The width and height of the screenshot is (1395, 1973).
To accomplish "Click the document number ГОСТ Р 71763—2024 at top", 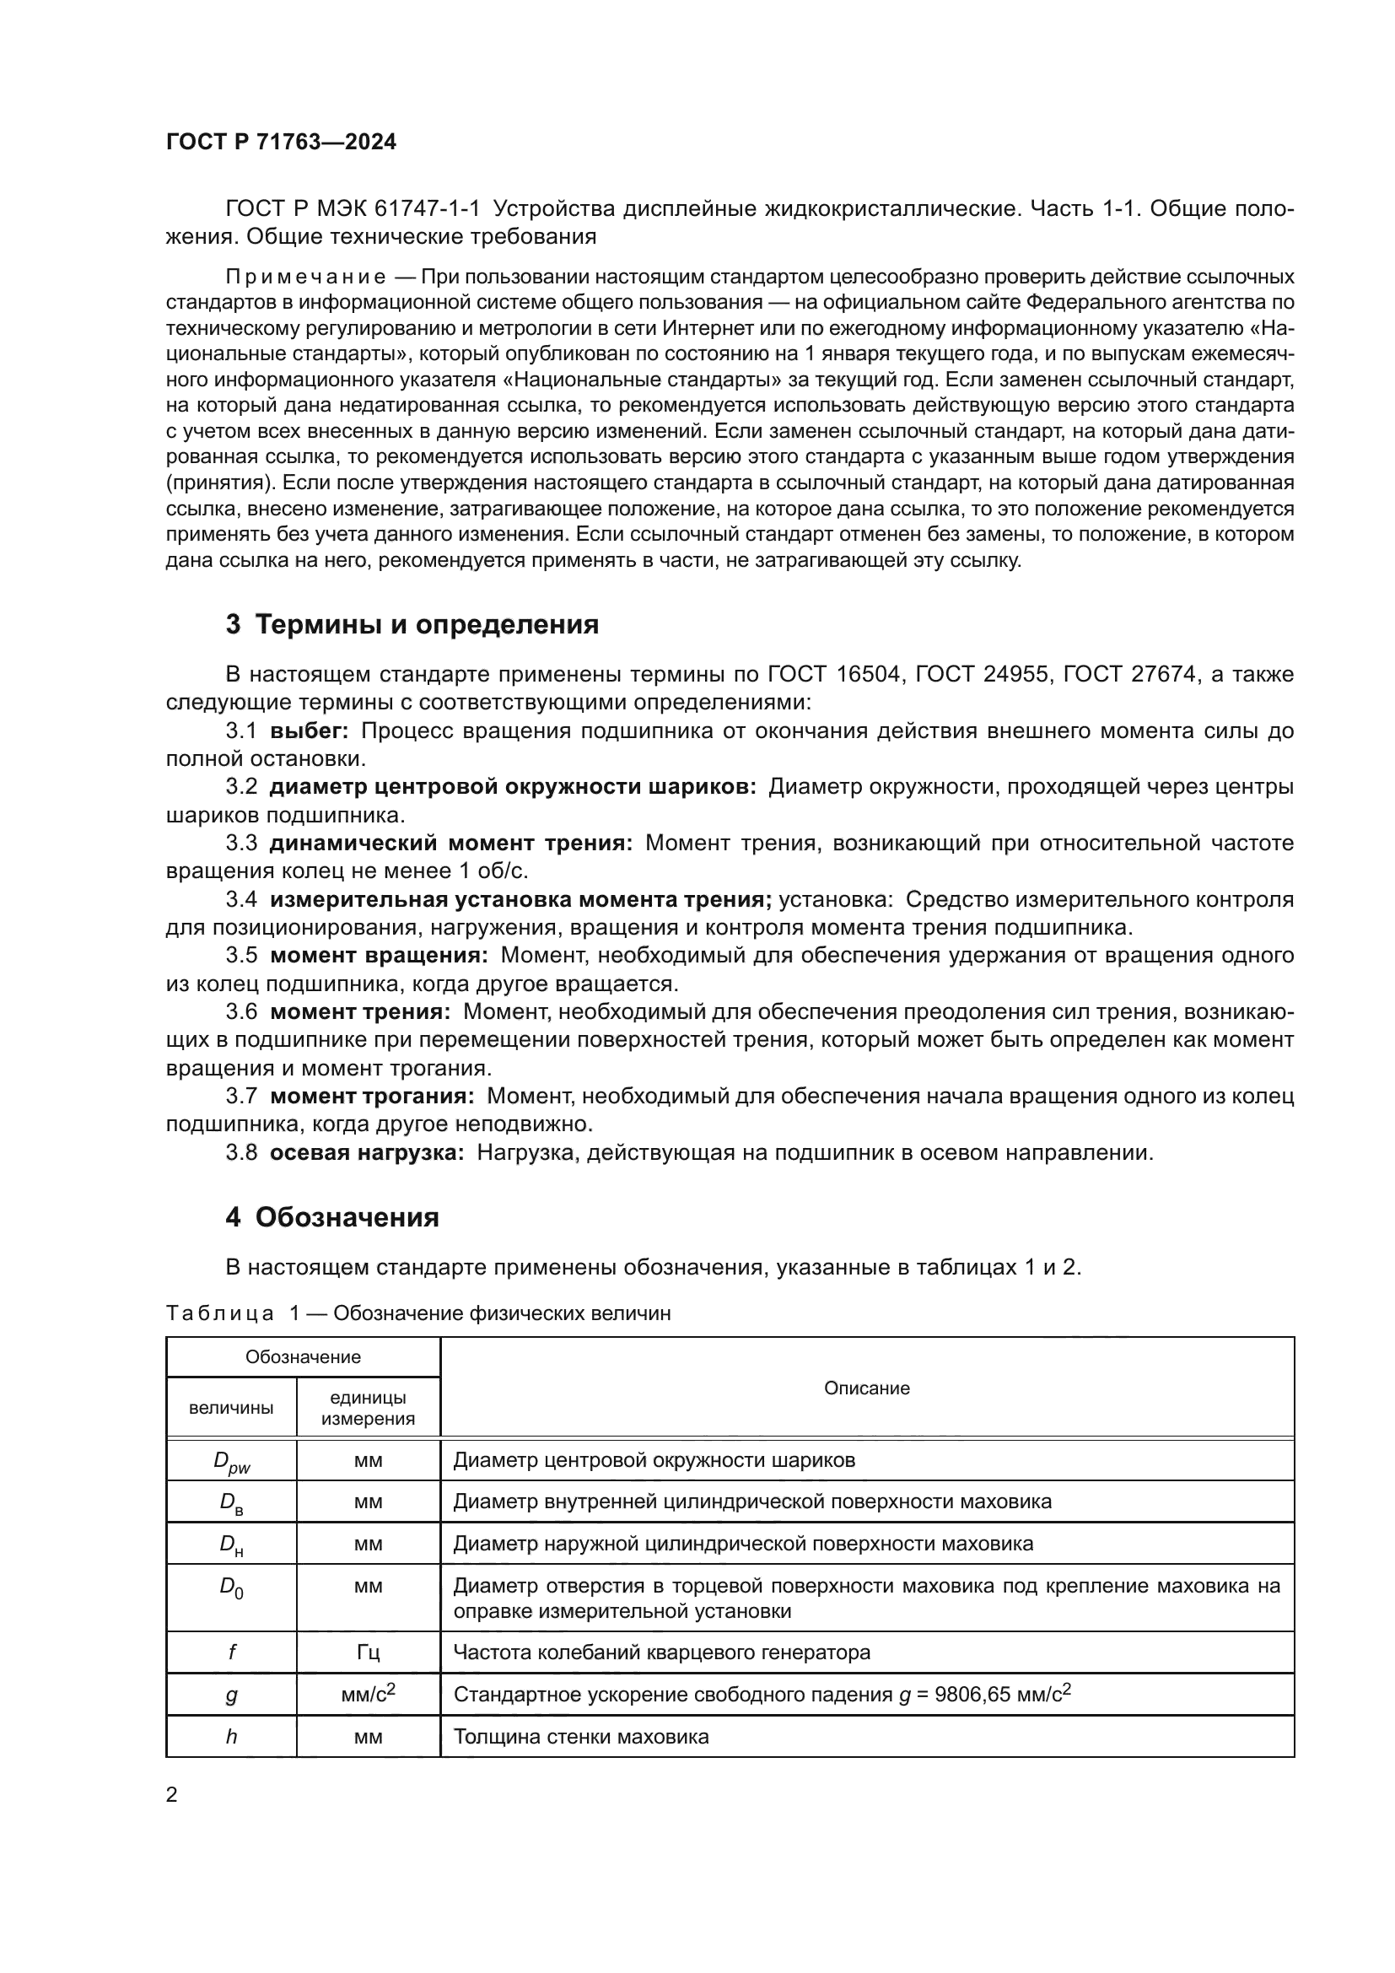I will click(x=281, y=143).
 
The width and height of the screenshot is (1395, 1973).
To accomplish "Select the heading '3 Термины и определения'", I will click(x=412, y=625).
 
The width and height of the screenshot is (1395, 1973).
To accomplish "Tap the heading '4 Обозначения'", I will click(x=332, y=1218).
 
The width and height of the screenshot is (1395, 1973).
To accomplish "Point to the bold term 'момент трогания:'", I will click(x=372, y=1097).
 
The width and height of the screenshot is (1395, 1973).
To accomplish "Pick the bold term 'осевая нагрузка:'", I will click(x=367, y=1153).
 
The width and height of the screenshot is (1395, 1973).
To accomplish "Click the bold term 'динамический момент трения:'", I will click(x=451, y=844).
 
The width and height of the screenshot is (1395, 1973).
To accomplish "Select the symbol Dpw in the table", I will click(x=231, y=1462).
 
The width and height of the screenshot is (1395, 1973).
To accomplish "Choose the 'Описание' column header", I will click(x=866, y=1388).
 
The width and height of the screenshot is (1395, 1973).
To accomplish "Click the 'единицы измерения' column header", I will click(x=368, y=1409).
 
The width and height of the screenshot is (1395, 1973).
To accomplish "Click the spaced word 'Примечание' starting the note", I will click(x=305, y=278).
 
